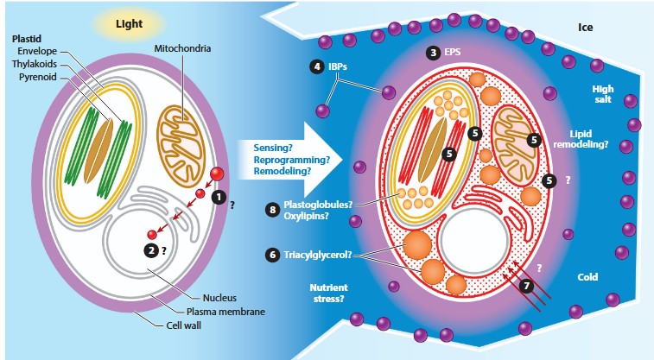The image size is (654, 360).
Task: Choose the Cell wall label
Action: tap(185, 326)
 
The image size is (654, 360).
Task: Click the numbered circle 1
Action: tap(219, 196)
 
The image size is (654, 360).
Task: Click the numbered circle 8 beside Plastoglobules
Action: tap(273, 210)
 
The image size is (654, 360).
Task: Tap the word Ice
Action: tap(585, 27)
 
